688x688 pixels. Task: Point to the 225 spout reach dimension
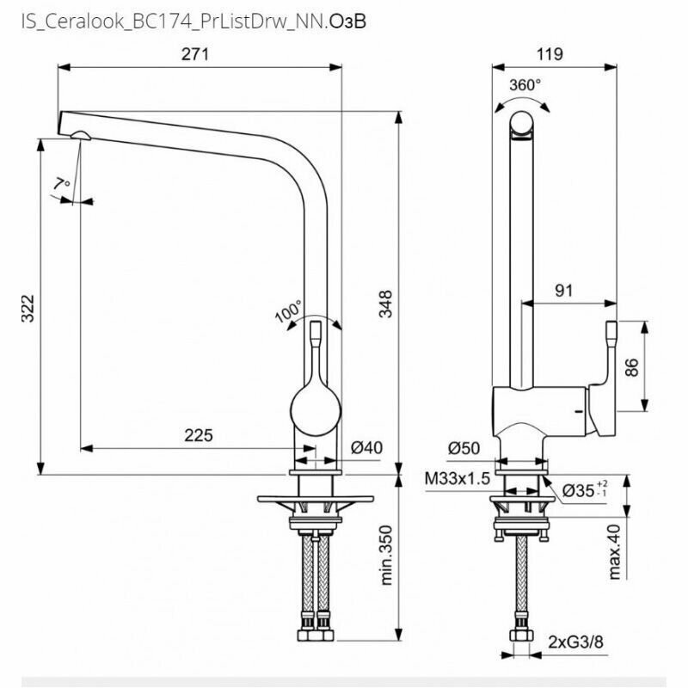tap(198, 435)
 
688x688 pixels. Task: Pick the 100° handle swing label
tap(288, 310)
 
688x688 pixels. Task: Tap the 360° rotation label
tap(525, 85)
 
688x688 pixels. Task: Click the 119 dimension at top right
tap(549, 54)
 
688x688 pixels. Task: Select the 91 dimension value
tap(563, 291)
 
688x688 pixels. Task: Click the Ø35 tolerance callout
tap(584, 490)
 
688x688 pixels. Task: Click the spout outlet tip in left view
tap(77, 135)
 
